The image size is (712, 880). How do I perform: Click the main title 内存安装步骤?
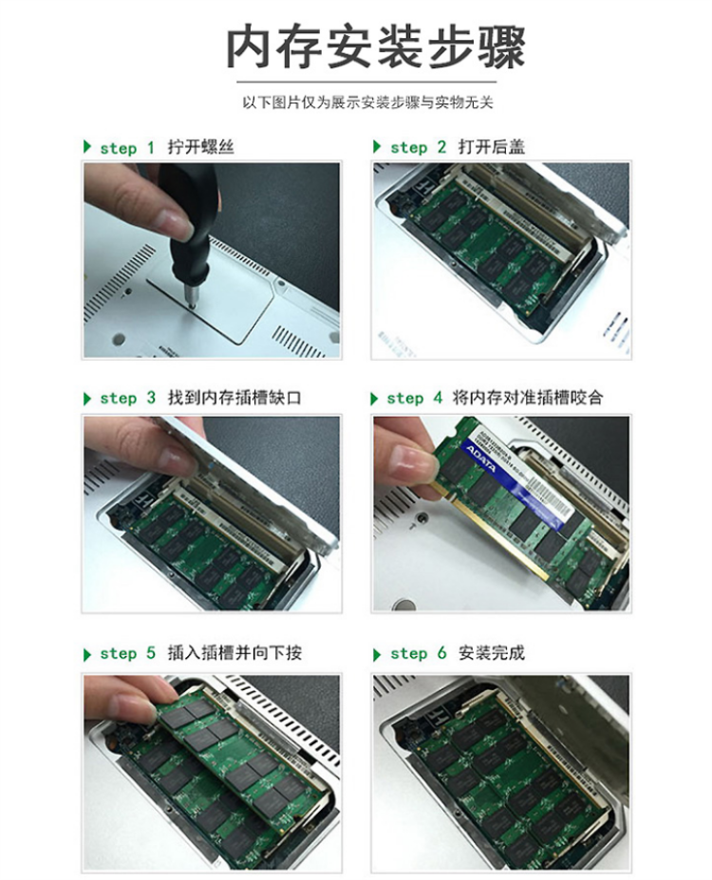[375, 47]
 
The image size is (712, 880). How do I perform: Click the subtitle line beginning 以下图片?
[367, 103]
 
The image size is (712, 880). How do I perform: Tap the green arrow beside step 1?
[87, 147]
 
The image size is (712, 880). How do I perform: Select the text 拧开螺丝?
[200, 147]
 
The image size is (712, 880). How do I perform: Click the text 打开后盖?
[491, 147]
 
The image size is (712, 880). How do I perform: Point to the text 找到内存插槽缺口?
[234, 398]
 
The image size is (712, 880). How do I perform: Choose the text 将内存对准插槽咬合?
[528, 398]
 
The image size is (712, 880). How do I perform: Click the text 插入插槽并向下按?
[234, 653]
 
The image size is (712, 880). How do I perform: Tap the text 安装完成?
[491, 653]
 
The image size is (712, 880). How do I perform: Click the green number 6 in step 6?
[442, 653]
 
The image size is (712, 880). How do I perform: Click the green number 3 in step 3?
[151, 398]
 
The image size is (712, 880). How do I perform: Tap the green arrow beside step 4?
[374, 399]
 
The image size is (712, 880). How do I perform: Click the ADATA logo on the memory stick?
[481, 459]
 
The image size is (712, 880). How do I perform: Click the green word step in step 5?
[119, 654]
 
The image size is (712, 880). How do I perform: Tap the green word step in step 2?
[408, 147]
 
